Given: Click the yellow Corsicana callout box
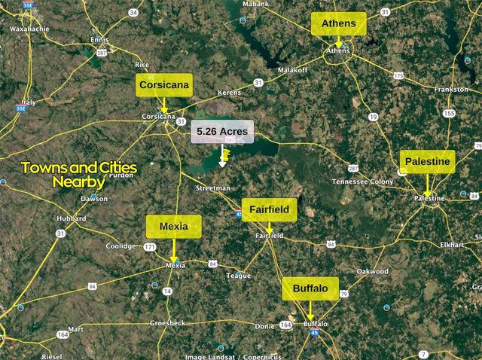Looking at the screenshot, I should [164, 85].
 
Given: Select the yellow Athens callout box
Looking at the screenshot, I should [339, 23].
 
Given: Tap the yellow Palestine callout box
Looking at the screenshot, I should [427, 162].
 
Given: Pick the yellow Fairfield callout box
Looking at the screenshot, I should [270, 209].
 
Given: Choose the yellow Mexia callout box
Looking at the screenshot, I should [174, 225].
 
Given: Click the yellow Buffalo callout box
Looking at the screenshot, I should [310, 288].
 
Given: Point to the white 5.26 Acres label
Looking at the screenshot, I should [222, 131].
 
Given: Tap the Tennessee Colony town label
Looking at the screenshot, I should [362, 182].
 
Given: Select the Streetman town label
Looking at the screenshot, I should [212, 188].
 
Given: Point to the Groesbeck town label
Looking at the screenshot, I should [168, 322].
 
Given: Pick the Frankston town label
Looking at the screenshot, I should [450, 89].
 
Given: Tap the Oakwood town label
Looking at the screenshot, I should [372, 271].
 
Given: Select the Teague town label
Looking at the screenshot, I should [238, 276].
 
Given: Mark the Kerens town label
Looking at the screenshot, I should [229, 92].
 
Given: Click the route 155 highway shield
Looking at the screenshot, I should [450, 113].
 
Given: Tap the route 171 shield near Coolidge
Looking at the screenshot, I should [151, 246].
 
